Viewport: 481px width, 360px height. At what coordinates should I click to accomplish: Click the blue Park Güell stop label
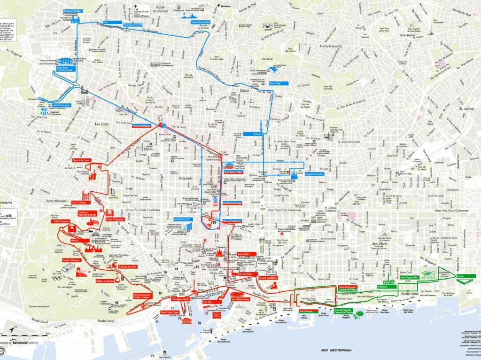click(278, 85)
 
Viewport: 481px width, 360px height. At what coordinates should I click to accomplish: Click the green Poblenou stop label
click(384, 287)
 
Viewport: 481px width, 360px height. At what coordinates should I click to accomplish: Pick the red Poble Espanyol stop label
click(62, 220)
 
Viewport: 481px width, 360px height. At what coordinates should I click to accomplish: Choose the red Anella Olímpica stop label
click(70, 259)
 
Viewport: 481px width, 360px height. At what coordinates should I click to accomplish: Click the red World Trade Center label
click(170, 312)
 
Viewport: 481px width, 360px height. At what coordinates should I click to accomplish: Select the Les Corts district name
click(101, 124)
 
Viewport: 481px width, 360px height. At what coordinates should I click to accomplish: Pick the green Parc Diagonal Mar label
click(412, 277)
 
